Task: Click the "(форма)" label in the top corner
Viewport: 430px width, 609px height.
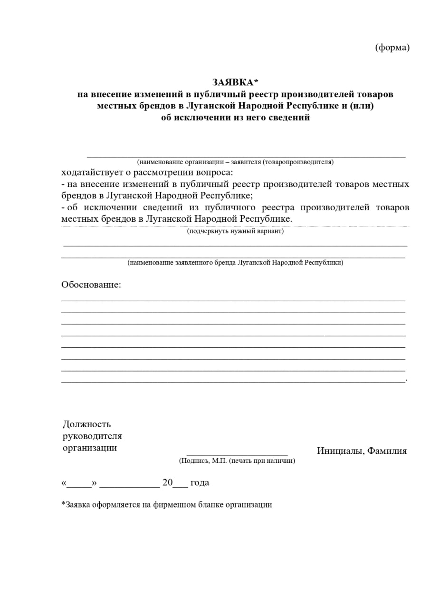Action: tap(392, 48)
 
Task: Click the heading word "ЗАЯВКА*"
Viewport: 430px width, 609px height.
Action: tap(235, 82)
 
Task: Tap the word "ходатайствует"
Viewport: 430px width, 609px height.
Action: tap(90, 172)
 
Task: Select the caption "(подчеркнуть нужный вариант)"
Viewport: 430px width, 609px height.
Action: tap(235, 232)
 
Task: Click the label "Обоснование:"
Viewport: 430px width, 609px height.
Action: tap(91, 285)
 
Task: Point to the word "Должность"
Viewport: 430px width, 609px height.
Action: tap(86, 424)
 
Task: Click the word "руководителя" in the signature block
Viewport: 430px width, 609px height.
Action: tap(92, 436)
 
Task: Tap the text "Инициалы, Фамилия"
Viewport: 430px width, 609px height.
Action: tap(362, 451)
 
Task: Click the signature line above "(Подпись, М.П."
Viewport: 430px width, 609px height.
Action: tap(237, 455)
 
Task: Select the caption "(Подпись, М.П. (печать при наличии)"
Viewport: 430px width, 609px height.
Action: tap(237, 461)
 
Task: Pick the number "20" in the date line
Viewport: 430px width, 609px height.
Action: tap(167, 482)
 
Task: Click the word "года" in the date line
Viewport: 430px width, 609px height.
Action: tap(200, 483)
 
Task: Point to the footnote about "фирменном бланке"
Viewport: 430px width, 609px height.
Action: tap(166, 505)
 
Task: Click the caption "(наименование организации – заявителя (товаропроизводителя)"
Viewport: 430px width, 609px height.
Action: tap(235, 162)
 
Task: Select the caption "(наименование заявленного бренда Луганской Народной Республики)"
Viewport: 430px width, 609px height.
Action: tap(235, 263)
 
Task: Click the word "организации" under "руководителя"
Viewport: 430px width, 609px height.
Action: tap(90, 448)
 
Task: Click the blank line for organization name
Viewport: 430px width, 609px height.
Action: tap(246, 155)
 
